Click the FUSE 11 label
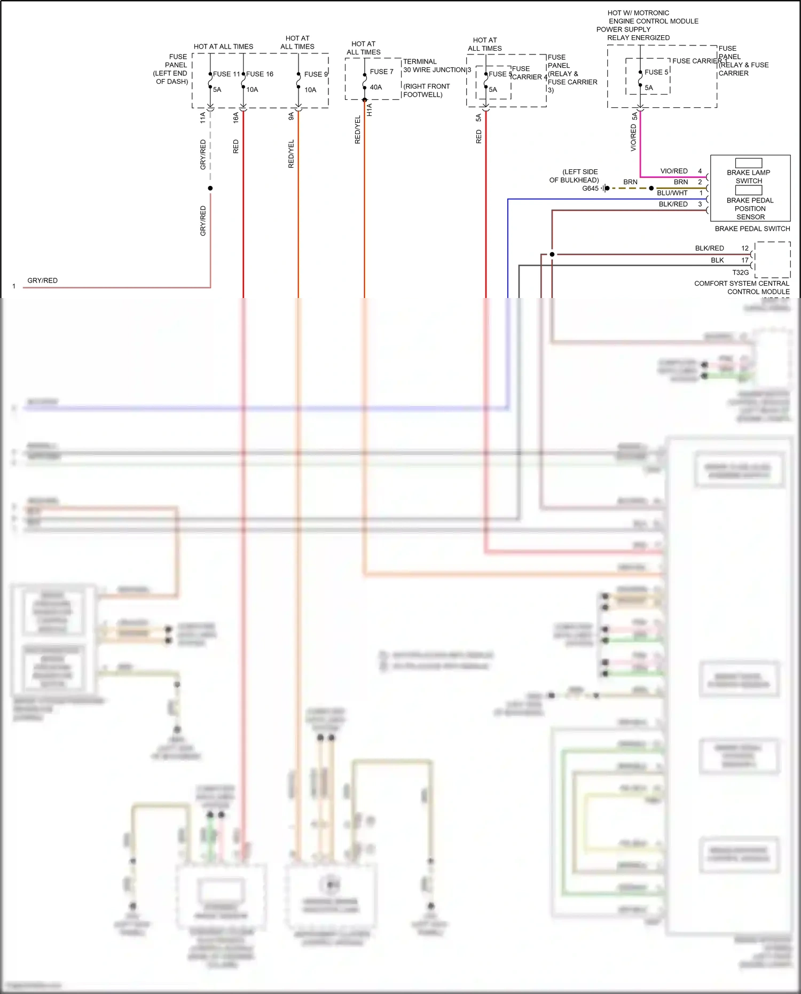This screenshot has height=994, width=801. pyautogui.click(x=226, y=74)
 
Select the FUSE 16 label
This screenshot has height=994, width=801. pyautogui.click(x=260, y=74)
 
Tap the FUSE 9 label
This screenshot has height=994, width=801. pyautogui.click(x=316, y=74)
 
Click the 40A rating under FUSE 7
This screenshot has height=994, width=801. pyautogui.click(x=376, y=87)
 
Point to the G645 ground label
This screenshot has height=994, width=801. pyautogui.click(x=590, y=189)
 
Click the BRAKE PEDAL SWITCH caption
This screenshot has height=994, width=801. pyautogui.click(x=752, y=229)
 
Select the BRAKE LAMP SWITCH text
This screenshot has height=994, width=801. pyautogui.click(x=748, y=177)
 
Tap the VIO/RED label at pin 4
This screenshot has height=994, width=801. pyautogui.click(x=673, y=171)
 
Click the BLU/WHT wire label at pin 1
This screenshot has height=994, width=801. pyautogui.click(x=672, y=193)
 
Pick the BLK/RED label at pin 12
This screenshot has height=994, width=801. pyautogui.click(x=709, y=248)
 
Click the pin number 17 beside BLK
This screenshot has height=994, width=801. pyautogui.click(x=744, y=260)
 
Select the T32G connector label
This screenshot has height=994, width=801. pyautogui.click(x=740, y=272)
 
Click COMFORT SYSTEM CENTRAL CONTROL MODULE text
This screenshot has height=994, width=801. pyautogui.click(x=742, y=287)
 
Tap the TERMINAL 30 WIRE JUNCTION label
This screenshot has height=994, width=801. pyautogui.click(x=434, y=66)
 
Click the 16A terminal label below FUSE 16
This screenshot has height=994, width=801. pyautogui.click(x=236, y=118)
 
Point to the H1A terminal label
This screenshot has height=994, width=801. pyautogui.click(x=370, y=110)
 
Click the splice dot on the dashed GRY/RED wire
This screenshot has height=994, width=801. pyautogui.click(x=210, y=188)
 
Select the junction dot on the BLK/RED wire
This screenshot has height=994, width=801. pyautogui.click(x=552, y=254)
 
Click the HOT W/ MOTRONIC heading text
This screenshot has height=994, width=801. pyautogui.click(x=638, y=13)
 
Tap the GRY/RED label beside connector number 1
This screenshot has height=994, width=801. pyautogui.click(x=42, y=280)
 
